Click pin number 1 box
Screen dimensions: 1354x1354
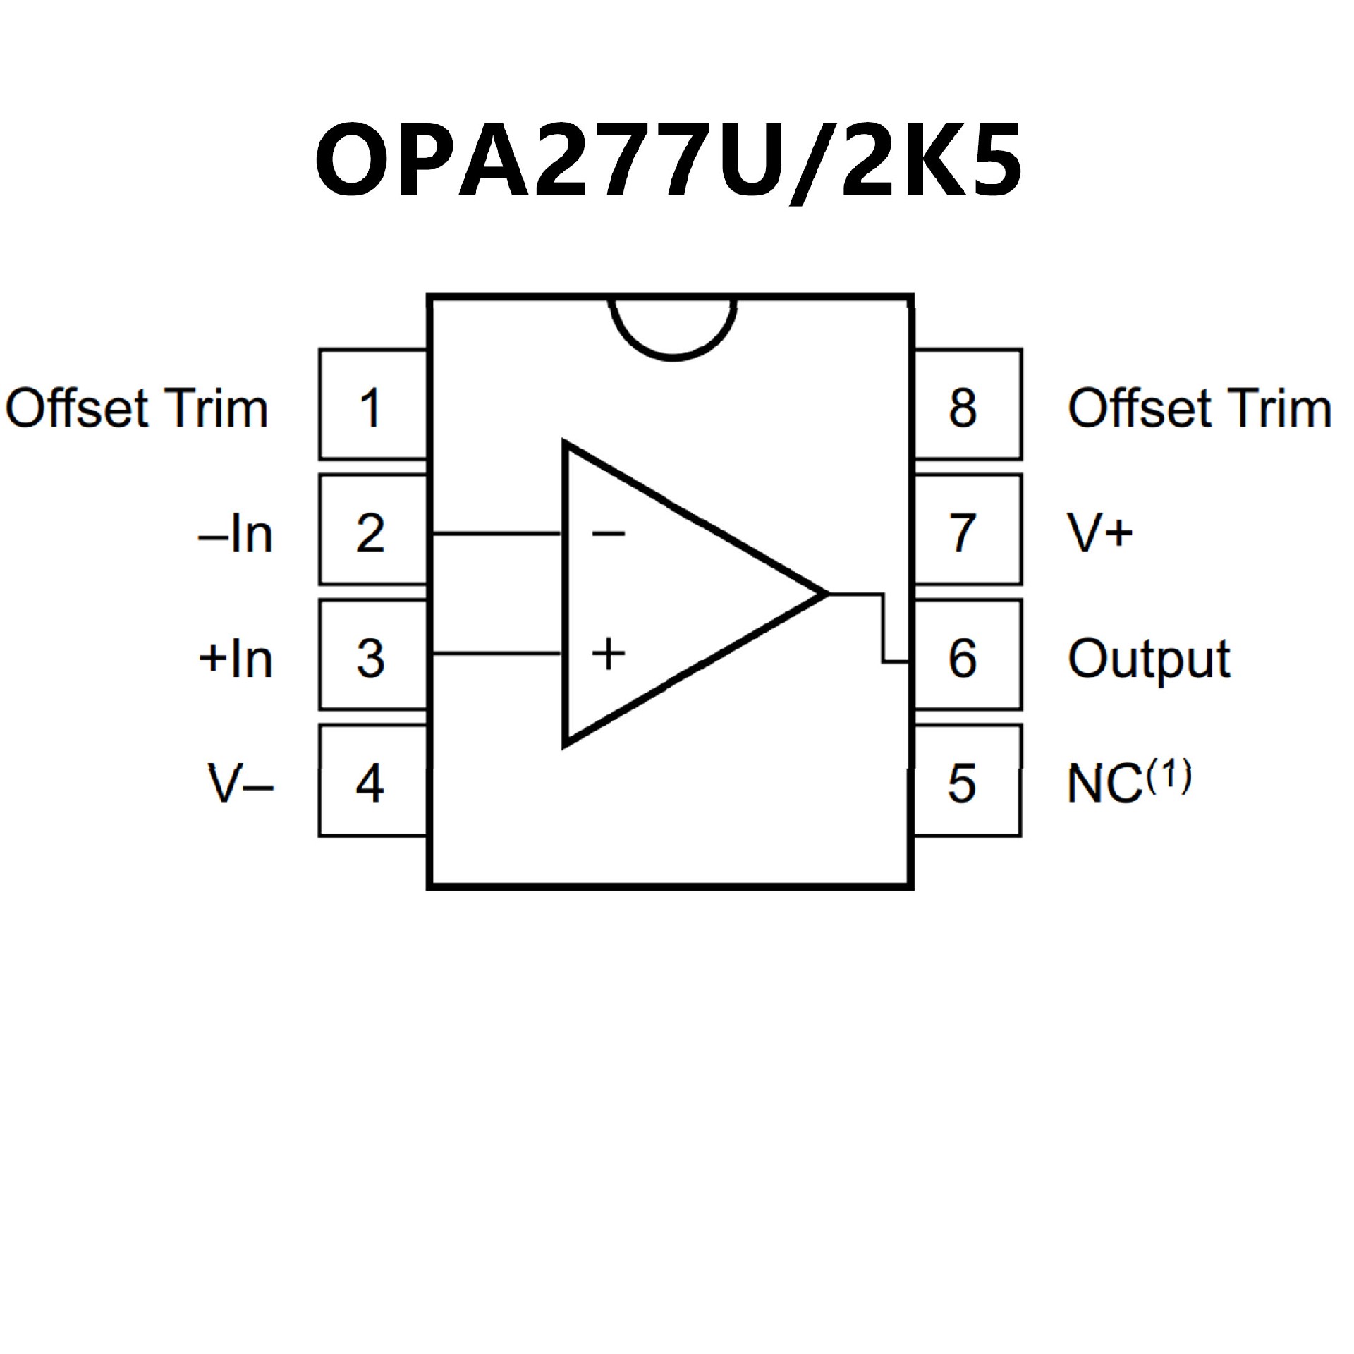[x=372, y=405]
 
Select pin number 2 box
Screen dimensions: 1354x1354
[x=372, y=530]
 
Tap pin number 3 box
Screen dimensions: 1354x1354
[x=372, y=655]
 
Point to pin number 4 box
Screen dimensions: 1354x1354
[x=372, y=781]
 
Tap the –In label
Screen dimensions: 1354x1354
[x=236, y=534]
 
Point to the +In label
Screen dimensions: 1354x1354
[x=236, y=659]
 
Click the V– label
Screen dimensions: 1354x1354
[x=240, y=783]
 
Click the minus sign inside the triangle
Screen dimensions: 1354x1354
[x=608, y=533]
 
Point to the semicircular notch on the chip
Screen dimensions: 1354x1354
[x=673, y=327]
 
